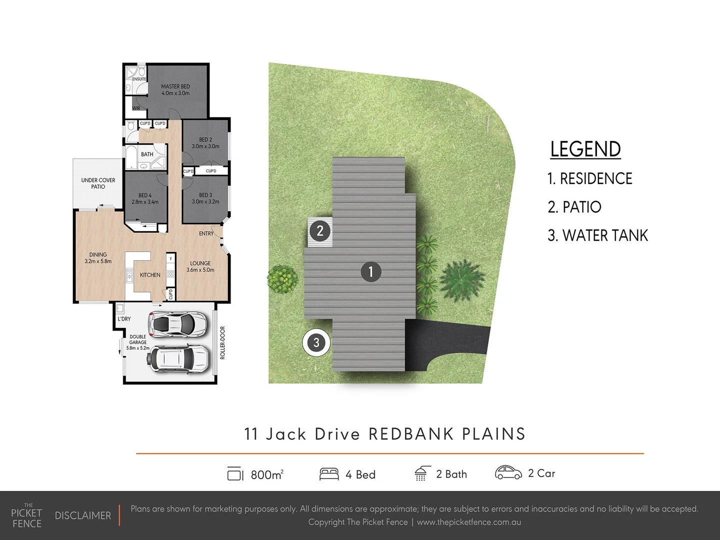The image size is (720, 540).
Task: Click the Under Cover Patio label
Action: (x=98, y=183)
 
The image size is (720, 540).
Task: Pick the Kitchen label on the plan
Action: (x=150, y=275)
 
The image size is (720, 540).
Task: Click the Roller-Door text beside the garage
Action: (x=222, y=342)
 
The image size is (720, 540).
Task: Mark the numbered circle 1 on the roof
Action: (x=371, y=271)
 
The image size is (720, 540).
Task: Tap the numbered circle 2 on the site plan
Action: (x=320, y=231)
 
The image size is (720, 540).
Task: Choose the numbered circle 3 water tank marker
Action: (x=316, y=342)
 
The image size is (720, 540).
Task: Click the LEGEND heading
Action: (x=585, y=149)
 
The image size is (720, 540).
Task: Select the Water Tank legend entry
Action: (x=597, y=235)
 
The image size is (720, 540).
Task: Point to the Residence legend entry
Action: (x=590, y=178)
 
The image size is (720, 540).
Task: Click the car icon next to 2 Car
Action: (x=508, y=472)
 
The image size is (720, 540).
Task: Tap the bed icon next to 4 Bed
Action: (x=329, y=474)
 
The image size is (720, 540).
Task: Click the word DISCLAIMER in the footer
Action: (x=83, y=515)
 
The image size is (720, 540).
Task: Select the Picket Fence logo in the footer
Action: (x=26, y=516)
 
